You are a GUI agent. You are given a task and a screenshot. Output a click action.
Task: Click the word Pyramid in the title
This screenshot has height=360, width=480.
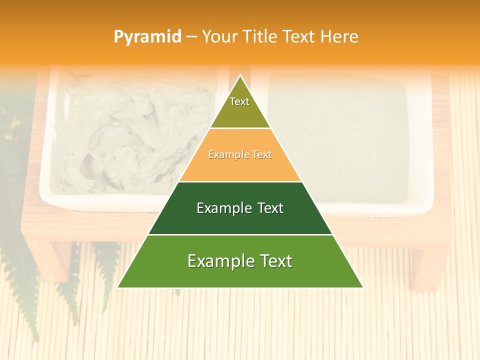tap(147, 37)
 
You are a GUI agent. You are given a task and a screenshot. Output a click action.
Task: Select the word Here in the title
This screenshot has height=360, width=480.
tap(339, 37)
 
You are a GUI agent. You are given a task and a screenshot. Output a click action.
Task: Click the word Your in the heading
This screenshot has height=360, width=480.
tap(219, 37)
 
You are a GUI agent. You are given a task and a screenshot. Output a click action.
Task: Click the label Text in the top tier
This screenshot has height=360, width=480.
tap(239, 101)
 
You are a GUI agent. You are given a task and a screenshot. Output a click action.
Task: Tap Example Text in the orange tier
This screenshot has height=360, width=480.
tap(240, 155)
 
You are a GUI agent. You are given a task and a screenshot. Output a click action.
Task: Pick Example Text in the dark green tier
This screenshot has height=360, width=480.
tap(240, 208)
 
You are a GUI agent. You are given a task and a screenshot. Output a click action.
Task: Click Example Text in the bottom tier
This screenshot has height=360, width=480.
tap(240, 261)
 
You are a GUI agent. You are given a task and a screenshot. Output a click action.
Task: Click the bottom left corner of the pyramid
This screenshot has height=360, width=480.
tap(118, 287)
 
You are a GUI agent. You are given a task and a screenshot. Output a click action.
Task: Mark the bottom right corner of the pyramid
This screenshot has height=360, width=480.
tap(362, 287)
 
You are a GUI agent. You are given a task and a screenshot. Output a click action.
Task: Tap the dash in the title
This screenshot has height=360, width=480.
tap(191, 37)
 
